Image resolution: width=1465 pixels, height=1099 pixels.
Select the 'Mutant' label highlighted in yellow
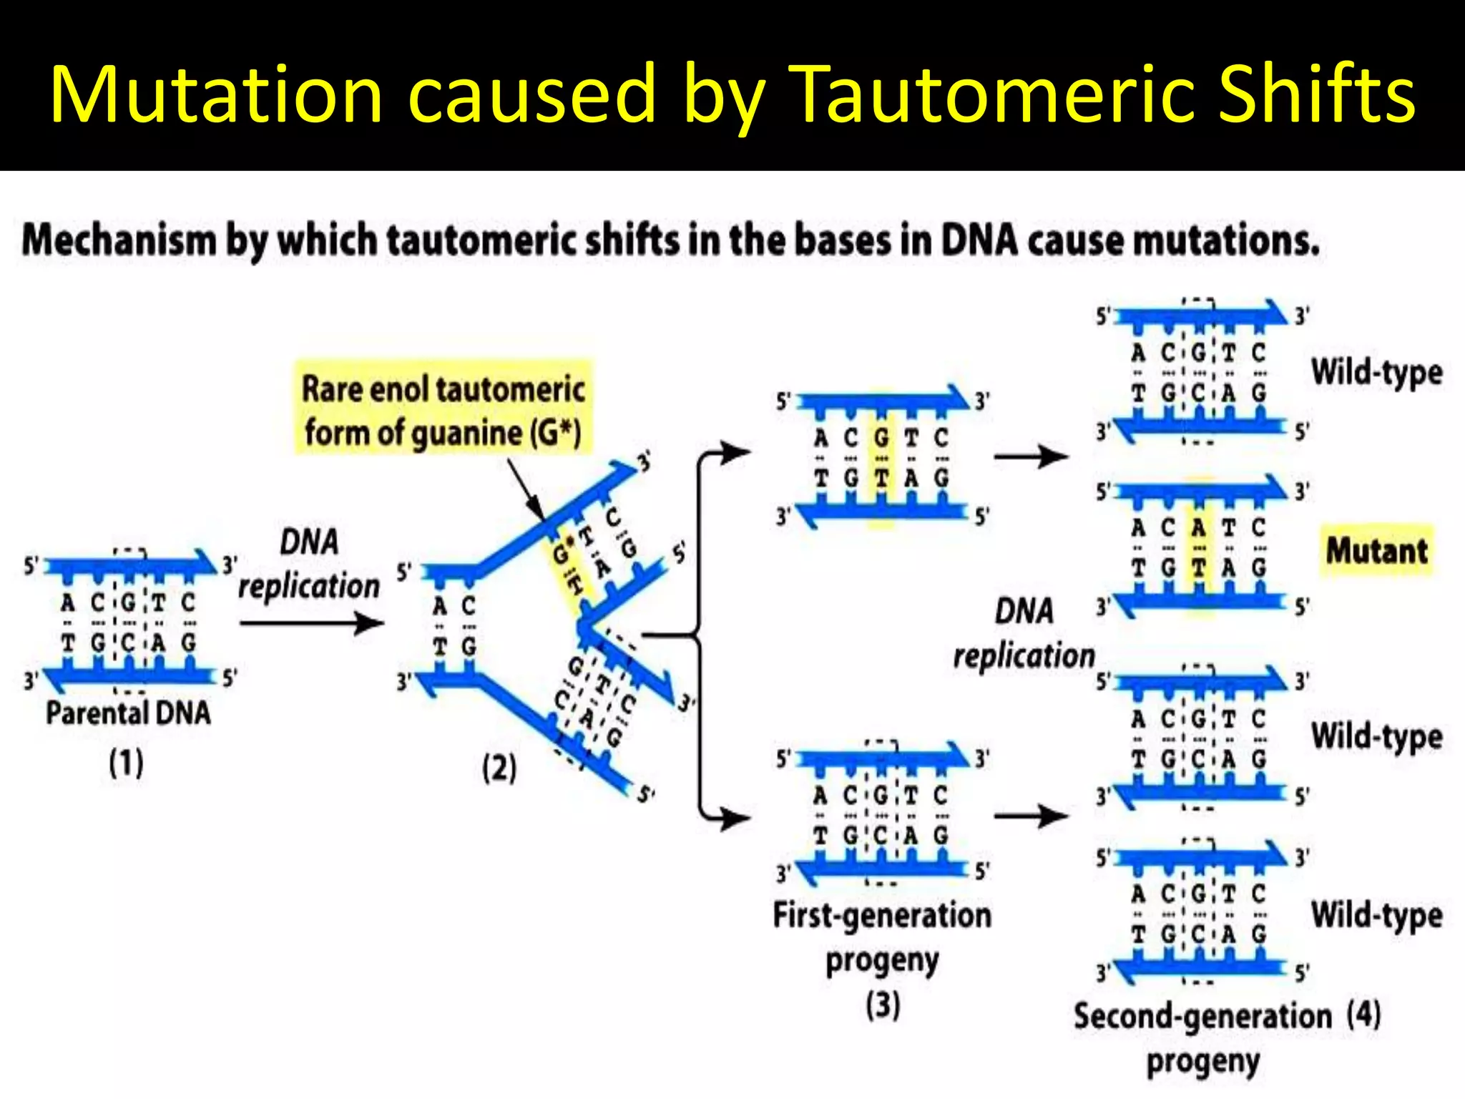(1376, 550)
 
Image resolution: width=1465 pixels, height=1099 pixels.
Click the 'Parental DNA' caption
(129, 713)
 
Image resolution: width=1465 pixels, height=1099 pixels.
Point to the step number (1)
(126, 763)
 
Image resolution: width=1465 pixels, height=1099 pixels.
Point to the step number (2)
(499, 768)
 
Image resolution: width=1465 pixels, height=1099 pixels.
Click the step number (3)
(882, 1004)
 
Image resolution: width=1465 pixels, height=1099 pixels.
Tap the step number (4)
(1363, 1014)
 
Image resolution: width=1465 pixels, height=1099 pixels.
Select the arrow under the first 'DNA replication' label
(311, 623)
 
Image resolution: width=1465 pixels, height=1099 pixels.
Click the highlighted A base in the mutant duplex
(1199, 528)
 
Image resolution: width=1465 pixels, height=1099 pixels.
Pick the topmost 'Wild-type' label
(1376, 373)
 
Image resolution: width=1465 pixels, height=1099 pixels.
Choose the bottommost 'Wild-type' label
(1376, 915)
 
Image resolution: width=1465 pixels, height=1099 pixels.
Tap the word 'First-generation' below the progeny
(882, 915)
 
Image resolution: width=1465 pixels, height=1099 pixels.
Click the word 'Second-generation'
(1202, 1016)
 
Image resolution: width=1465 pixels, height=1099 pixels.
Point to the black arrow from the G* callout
(525, 489)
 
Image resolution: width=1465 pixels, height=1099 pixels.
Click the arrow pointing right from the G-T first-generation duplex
(1031, 455)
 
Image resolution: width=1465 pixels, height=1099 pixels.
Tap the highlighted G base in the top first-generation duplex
(881, 437)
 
